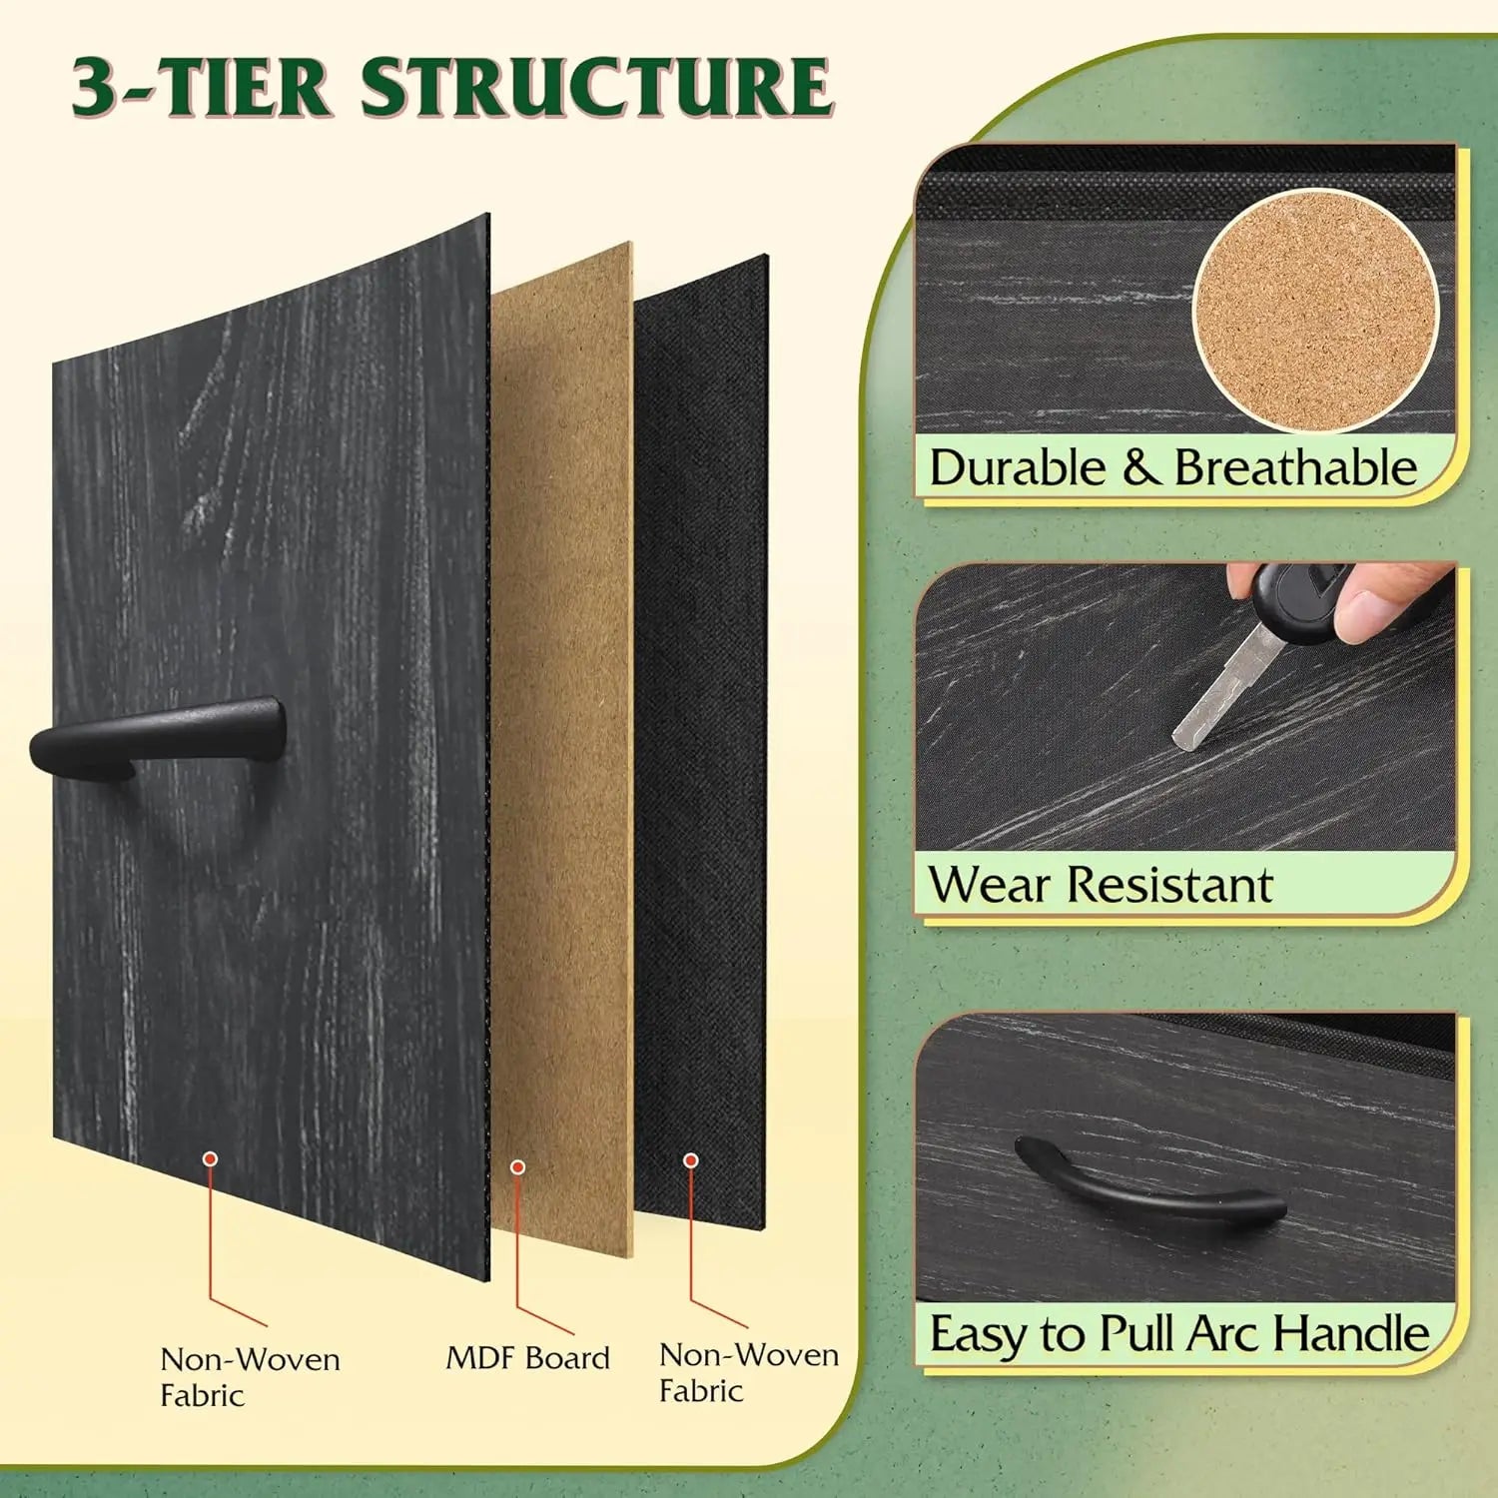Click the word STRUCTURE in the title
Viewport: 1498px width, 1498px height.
596,87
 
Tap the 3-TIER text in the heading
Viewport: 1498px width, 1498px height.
201,87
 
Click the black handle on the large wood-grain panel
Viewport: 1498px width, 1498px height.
158,737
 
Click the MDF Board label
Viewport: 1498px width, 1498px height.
527,1358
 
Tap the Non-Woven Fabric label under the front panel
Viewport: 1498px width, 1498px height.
250,1377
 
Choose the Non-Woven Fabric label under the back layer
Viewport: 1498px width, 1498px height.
749,1372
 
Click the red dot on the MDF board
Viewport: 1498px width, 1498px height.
517,1167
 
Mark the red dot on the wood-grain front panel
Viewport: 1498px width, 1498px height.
210,1158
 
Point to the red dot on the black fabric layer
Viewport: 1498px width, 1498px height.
690,1160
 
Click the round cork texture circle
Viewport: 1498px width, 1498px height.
1316,311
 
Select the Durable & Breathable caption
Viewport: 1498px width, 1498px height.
1173,467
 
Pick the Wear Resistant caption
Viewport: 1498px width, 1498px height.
1101,885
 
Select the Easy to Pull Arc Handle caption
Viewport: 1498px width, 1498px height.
1179,1333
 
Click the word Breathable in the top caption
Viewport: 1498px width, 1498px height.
1295,467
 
